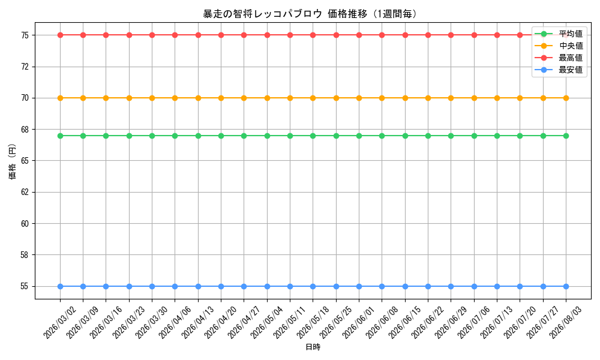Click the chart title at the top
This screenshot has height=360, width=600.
point(310,14)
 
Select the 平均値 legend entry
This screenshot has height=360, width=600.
point(559,34)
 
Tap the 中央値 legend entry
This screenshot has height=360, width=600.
point(559,46)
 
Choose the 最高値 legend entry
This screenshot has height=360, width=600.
point(559,58)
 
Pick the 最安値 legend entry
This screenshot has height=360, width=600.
point(559,70)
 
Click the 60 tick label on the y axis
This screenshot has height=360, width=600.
point(25,223)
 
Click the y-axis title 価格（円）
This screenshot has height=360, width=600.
point(13,161)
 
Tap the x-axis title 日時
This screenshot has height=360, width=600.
point(313,347)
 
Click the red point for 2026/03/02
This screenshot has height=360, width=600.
point(60,35)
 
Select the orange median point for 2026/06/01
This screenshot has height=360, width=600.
point(359,98)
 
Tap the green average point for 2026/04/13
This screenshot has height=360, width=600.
point(198,136)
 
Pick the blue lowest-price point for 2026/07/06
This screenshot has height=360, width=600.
point(474,286)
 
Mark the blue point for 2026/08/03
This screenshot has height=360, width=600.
point(566,286)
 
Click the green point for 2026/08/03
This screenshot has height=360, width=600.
point(566,136)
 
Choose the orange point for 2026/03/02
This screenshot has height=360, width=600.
point(60,98)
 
